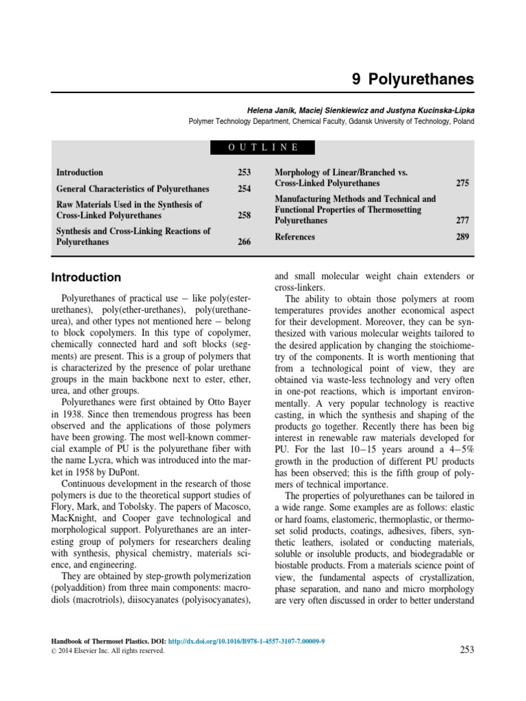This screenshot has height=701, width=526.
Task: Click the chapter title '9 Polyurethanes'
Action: coord(412,79)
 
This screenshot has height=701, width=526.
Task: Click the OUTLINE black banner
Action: coord(263,147)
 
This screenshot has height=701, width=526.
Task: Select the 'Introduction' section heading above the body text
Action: coord(86,277)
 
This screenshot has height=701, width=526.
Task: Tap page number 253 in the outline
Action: coord(244,173)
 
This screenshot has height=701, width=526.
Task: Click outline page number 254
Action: coord(244,189)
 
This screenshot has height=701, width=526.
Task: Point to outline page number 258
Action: coord(244,215)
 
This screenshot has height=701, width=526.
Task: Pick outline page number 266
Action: coord(244,242)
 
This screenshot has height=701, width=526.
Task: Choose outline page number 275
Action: coord(462,183)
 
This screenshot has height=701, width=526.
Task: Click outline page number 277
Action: coord(462,221)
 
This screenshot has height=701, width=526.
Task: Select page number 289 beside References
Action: coord(462,237)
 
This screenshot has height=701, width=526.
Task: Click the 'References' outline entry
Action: coord(295,237)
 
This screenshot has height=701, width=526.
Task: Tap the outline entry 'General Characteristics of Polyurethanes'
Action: coord(133,189)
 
